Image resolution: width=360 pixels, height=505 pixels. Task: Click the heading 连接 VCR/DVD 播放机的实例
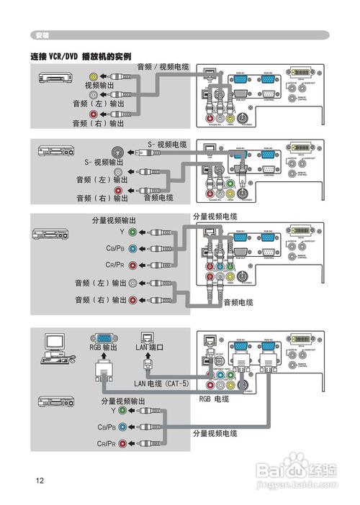81,56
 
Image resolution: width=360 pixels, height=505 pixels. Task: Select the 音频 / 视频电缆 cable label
163,67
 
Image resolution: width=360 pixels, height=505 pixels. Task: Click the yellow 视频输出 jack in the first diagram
94,76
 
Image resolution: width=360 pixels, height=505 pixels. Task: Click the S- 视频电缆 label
167,144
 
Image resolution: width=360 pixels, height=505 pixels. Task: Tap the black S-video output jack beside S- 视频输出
117,153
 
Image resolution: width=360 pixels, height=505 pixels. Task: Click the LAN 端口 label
150,347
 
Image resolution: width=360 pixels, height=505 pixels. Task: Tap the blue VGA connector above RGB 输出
104,336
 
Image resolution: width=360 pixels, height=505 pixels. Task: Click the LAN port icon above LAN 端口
147,335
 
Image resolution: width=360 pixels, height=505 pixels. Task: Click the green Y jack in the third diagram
132,232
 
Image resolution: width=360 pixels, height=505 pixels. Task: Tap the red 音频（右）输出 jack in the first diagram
94,114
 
